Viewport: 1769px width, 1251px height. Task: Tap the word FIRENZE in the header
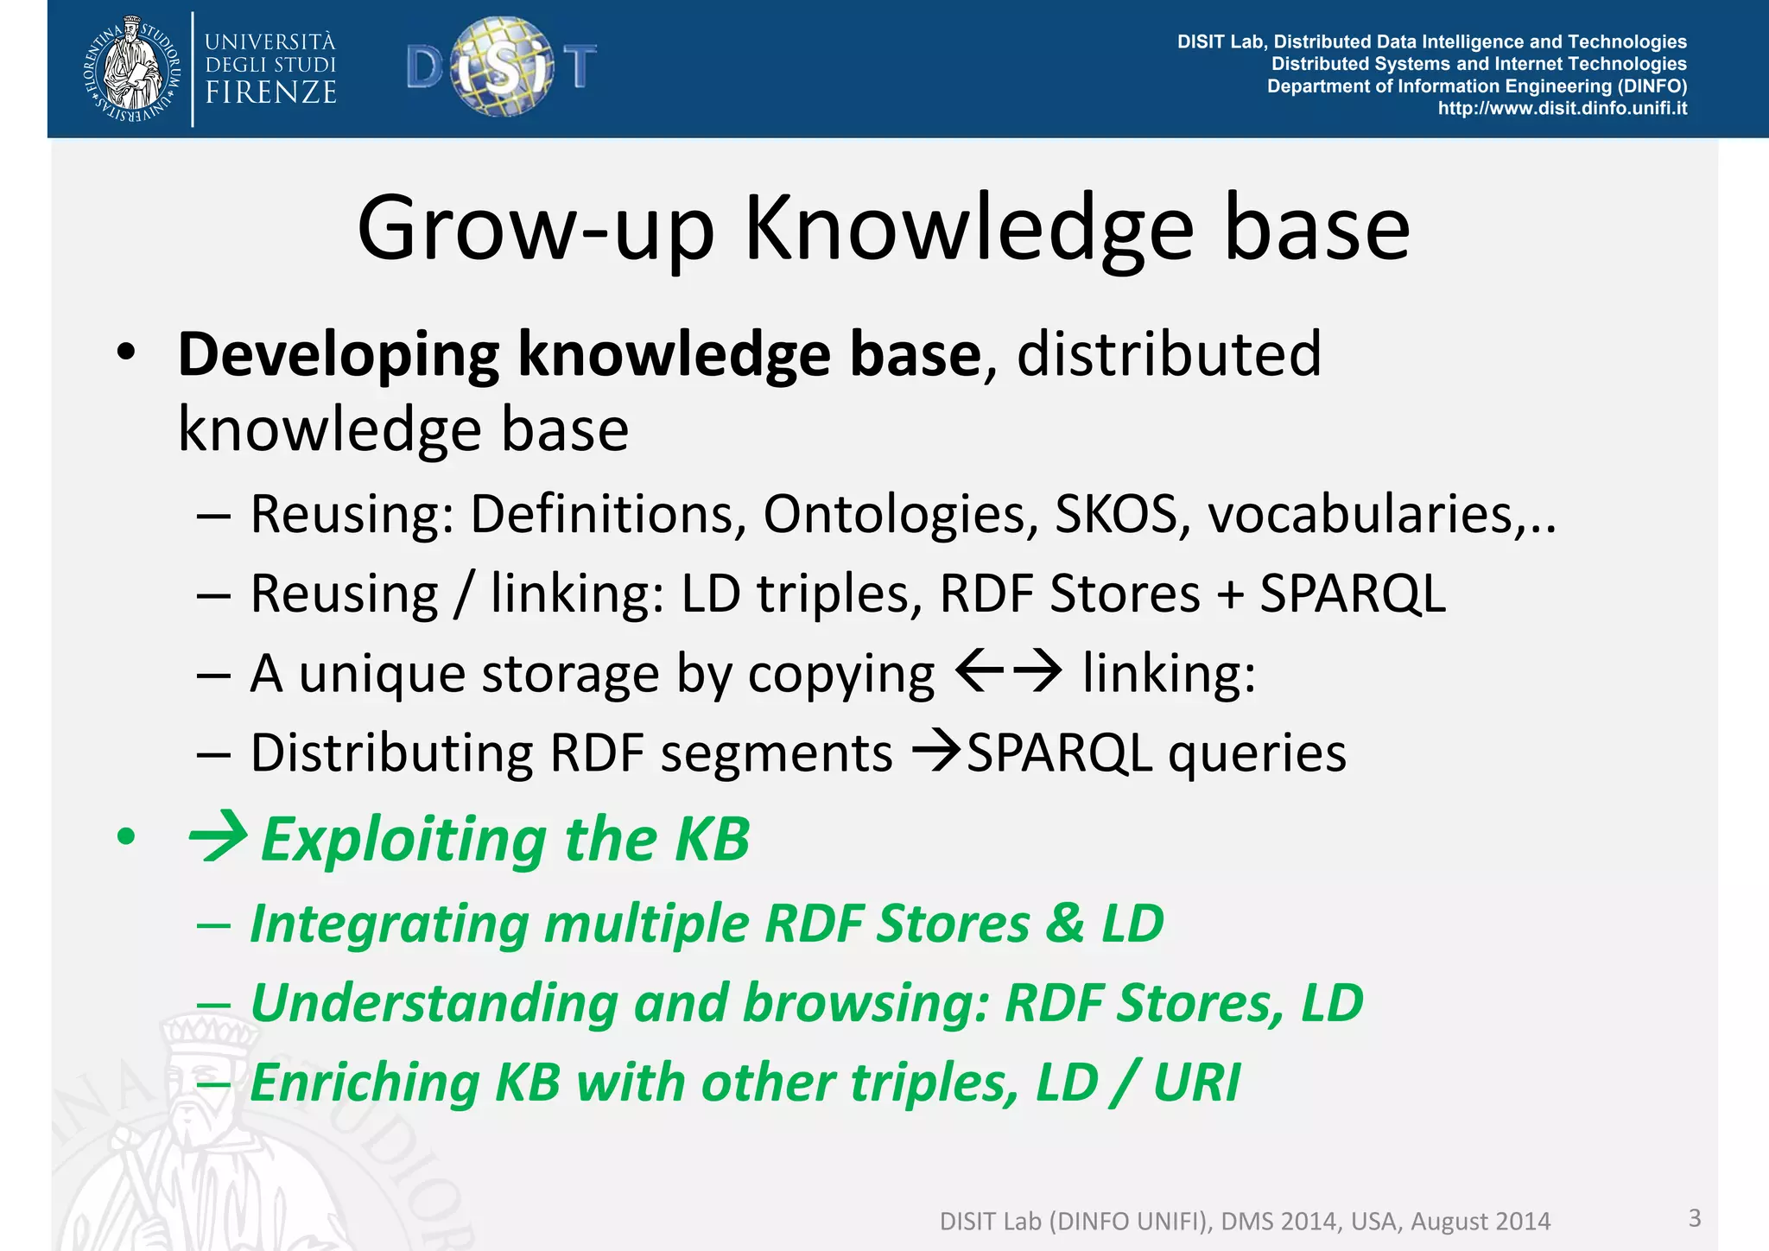270,92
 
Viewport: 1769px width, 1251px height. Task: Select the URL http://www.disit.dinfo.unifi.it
1562,109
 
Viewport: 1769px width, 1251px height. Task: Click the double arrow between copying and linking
1009,671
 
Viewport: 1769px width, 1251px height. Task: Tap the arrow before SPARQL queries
937,750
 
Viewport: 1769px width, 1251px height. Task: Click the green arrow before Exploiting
218,838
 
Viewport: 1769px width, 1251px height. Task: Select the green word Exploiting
403,840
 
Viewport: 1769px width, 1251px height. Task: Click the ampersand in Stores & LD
1065,923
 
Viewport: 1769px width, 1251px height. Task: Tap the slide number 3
1694,1217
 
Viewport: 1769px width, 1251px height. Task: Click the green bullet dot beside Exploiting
127,836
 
